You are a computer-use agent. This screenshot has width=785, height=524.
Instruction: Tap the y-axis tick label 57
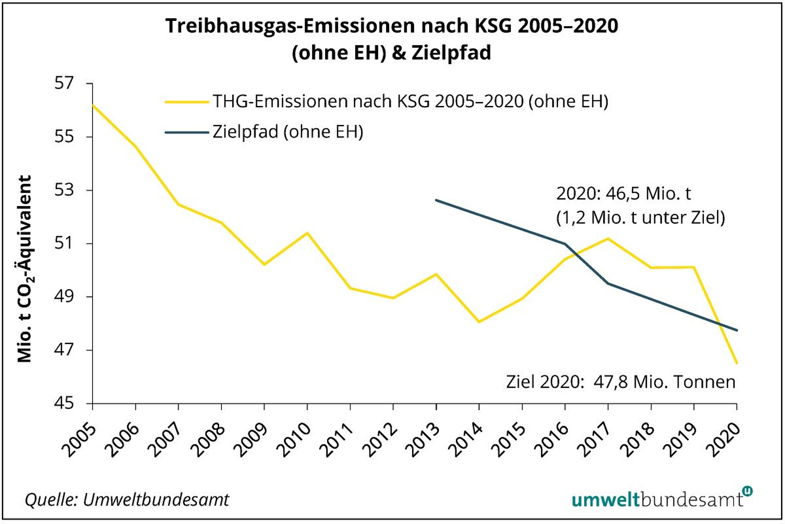click(x=64, y=83)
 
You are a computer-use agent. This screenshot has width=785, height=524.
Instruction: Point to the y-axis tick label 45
click(x=64, y=403)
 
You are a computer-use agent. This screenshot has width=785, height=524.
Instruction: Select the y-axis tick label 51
click(x=64, y=243)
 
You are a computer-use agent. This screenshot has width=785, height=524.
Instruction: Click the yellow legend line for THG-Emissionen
click(x=186, y=102)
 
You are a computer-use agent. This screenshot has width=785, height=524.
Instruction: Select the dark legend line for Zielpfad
click(x=186, y=132)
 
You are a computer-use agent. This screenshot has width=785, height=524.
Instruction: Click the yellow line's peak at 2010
click(x=307, y=233)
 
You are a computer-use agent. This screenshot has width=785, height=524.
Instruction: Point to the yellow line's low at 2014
click(x=479, y=322)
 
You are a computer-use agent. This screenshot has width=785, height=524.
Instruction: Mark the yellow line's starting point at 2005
click(x=93, y=105)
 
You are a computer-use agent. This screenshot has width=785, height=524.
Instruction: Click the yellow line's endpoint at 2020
click(x=737, y=363)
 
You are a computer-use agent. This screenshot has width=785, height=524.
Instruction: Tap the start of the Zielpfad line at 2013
click(x=436, y=200)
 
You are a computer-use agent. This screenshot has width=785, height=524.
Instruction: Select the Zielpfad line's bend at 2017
click(x=608, y=283)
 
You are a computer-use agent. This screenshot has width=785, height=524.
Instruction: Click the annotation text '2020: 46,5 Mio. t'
click(x=623, y=194)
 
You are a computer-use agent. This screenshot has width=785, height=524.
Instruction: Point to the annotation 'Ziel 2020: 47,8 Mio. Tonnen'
click(x=620, y=382)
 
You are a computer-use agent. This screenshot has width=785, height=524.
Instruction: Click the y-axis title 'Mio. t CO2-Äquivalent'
click(x=25, y=269)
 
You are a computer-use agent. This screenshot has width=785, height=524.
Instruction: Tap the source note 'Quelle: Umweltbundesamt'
click(x=127, y=500)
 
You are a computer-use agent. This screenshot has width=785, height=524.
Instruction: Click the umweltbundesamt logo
click(x=661, y=498)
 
